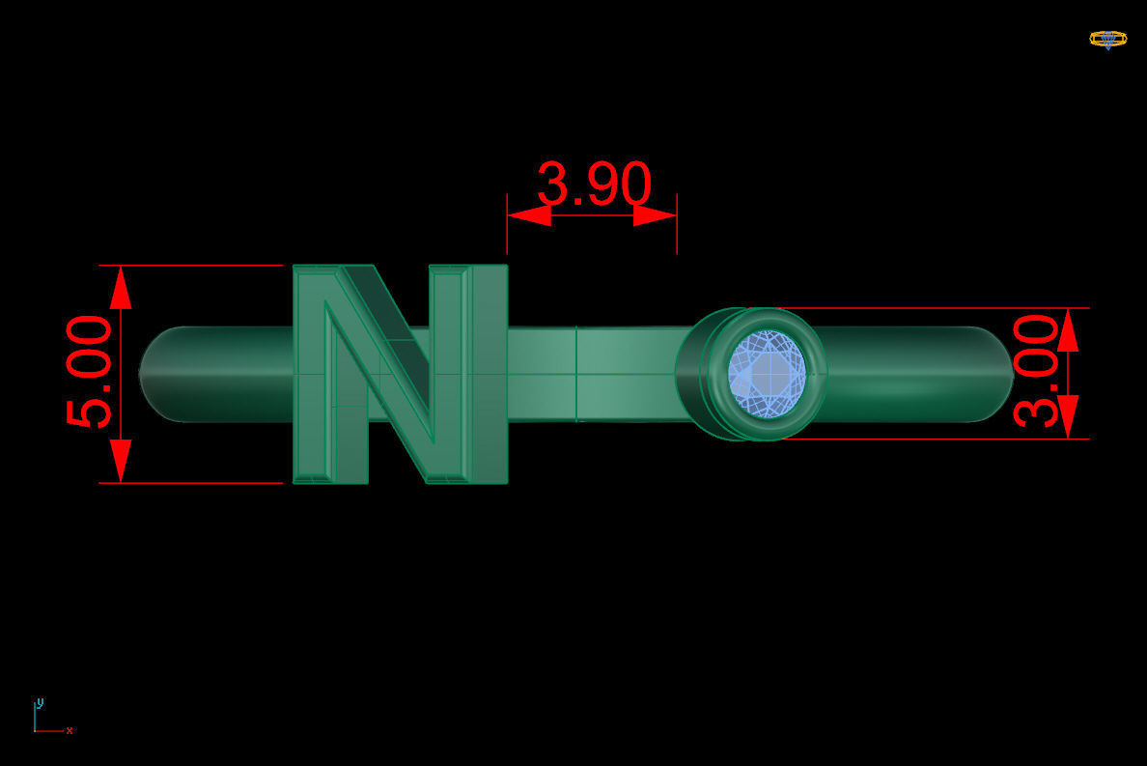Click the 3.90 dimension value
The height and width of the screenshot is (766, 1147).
594,184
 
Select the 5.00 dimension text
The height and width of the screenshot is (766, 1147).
90,372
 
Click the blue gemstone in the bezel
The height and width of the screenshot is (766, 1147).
767,373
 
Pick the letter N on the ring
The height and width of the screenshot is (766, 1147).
399,374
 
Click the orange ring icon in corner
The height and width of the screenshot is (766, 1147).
1107,39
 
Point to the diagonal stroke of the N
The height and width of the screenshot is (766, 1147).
386,372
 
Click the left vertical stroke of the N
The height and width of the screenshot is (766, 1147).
313,374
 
